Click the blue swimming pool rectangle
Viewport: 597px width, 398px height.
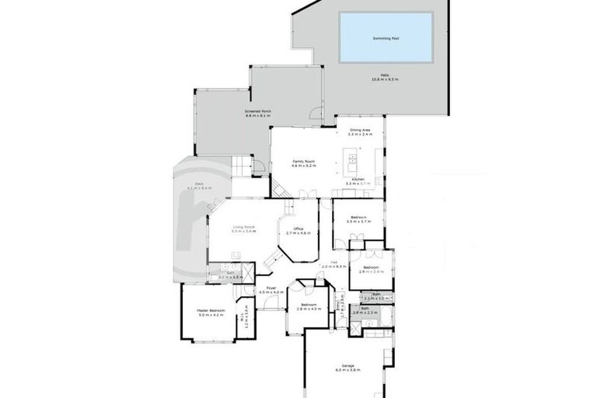386,37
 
